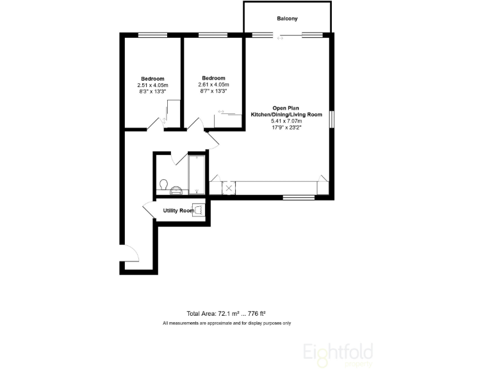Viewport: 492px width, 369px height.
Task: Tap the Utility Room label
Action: click(178, 211)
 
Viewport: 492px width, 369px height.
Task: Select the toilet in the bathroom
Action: click(163, 185)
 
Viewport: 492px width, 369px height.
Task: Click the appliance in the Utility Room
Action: click(199, 209)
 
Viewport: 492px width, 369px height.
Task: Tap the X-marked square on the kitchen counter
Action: click(227, 188)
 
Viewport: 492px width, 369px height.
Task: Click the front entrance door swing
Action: click(130, 254)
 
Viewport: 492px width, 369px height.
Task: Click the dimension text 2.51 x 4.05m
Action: click(152, 85)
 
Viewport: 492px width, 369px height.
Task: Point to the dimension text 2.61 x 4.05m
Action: click(213, 85)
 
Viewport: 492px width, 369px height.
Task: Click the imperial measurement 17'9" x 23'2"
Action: click(286, 127)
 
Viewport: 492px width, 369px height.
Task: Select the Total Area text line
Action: click(226, 314)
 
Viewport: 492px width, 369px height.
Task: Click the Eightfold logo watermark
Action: click(338, 352)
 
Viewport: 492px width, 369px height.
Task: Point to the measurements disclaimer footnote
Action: click(227, 323)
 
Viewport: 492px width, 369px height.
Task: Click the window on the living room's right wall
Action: click(332, 120)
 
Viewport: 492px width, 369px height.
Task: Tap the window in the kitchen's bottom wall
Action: click(299, 197)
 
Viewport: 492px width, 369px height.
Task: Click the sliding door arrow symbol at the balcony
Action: click(279, 38)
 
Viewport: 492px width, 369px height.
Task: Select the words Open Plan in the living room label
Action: click(286, 107)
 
